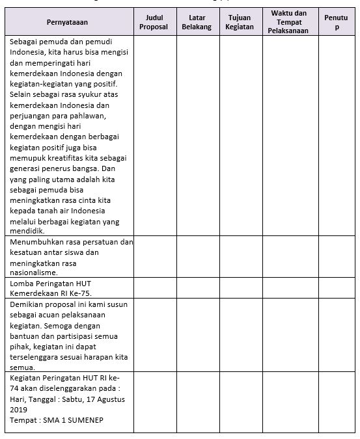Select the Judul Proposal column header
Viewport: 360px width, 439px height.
(154, 23)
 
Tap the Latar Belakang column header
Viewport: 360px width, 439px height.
(198, 23)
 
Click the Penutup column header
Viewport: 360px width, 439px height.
(335, 23)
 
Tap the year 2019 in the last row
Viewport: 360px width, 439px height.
(20, 410)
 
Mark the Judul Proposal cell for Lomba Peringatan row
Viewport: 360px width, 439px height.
(154, 288)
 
